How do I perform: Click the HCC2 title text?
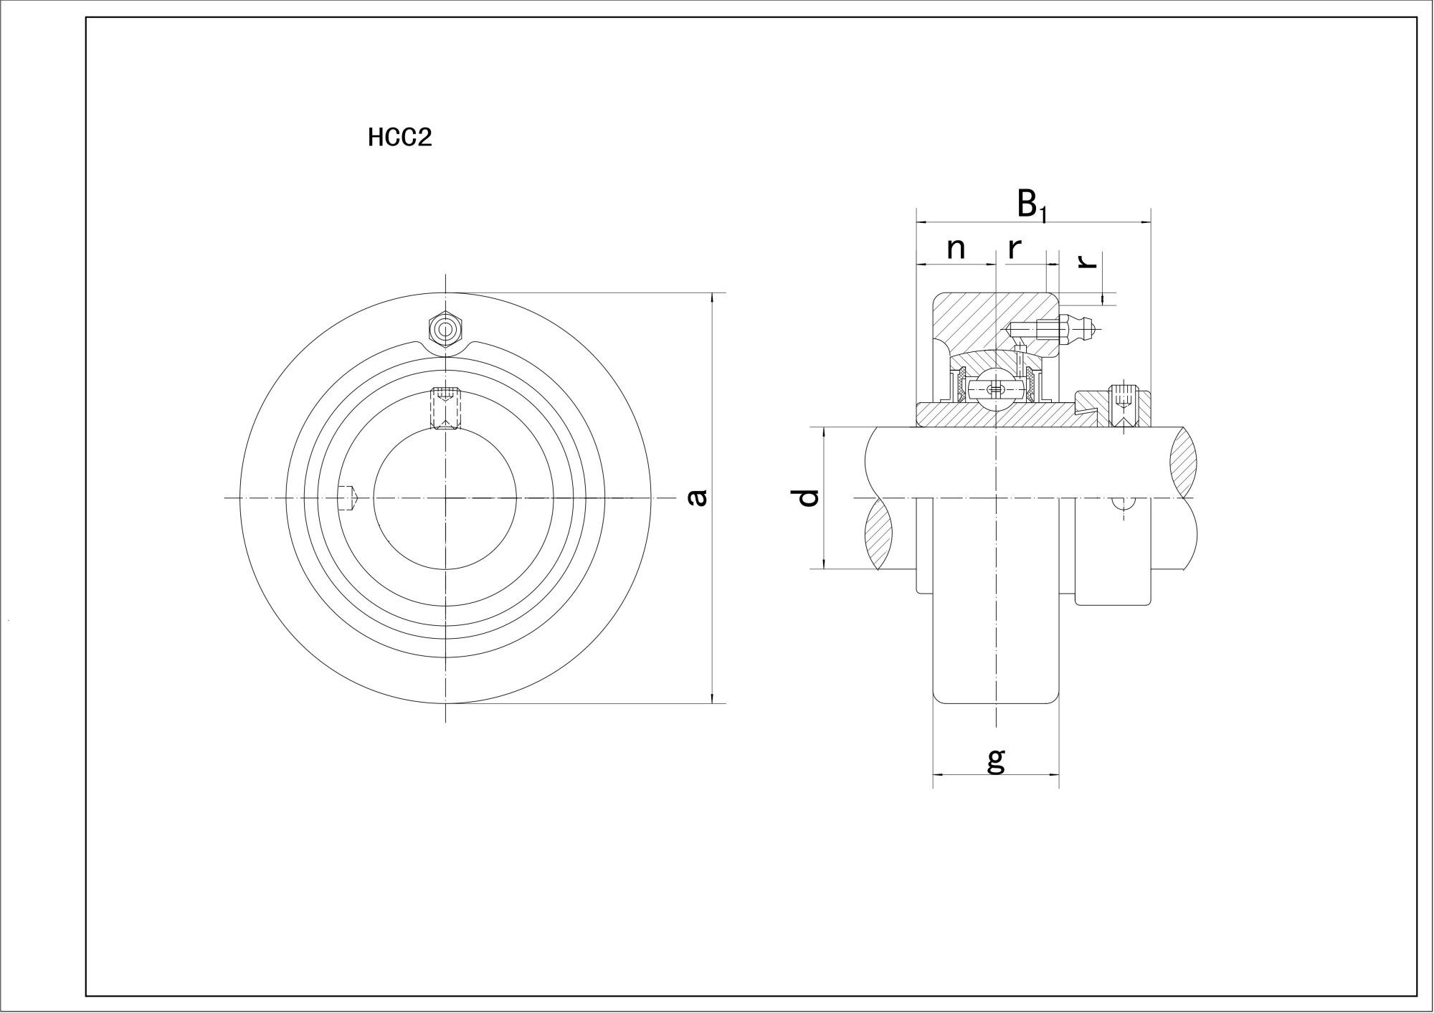pos(400,137)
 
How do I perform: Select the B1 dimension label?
pos(1032,206)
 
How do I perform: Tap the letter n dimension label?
pos(956,249)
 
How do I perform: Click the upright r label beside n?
pos(1014,249)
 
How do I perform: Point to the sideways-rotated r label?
pos(1088,260)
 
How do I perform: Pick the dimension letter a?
pos(697,498)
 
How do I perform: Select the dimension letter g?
pos(996,761)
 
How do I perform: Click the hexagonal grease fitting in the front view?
pos(446,330)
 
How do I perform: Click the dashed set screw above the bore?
pos(446,409)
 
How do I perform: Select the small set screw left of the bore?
pos(349,498)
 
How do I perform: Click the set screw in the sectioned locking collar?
pos(1124,406)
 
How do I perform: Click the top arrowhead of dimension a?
pos(712,298)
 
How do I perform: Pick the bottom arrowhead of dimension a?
pos(712,698)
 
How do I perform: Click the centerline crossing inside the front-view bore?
pos(445,498)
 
